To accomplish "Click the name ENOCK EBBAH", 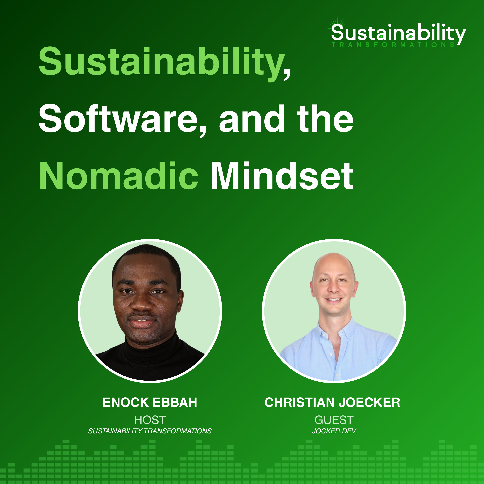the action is pos(150,403).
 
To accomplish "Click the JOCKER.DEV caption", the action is pos(334,431).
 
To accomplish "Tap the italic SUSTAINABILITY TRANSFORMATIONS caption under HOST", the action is pos(150,431).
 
